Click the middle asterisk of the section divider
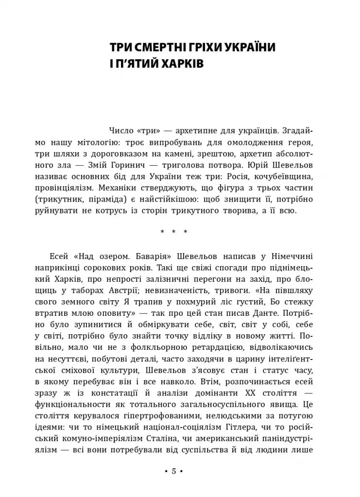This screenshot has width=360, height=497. point(173,232)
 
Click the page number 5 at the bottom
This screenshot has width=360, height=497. point(173,471)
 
